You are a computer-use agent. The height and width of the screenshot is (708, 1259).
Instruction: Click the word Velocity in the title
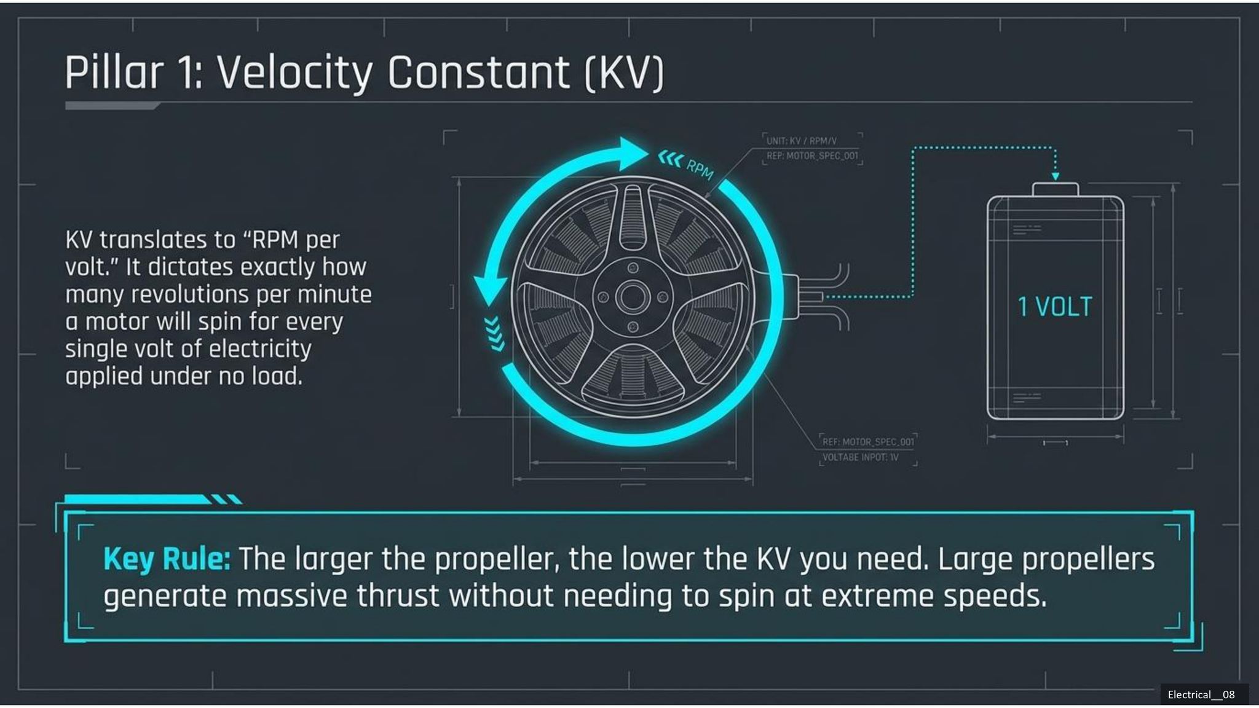click(x=294, y=73)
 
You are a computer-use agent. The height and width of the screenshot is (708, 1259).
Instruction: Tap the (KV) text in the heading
click(x=624, y=73)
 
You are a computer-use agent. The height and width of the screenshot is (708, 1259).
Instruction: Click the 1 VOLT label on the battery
click(x=1055, y=307)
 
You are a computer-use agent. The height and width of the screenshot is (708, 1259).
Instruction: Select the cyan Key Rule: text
click(x=167, y=559)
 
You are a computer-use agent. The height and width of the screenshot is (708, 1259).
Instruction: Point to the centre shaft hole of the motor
click(x=633, y=297)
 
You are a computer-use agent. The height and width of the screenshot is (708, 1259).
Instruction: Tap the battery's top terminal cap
click(x=1055, y=189)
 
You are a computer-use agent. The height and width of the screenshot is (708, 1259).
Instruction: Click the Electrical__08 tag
click(x=1201, y=694)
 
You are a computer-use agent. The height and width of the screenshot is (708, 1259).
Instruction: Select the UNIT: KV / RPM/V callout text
click(x=801, y=141)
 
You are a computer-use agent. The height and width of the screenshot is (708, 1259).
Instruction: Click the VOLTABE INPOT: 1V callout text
click(x=860, y=457)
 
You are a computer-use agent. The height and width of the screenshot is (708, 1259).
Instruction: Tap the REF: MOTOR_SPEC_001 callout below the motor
click(x=868, y=442)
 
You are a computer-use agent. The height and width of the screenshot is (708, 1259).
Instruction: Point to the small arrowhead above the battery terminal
click(x=1055, y=176)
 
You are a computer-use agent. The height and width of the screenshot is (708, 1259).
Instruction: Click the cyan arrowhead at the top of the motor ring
click(x=631, y=154)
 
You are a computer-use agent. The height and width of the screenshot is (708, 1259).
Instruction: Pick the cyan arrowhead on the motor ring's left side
click(x=490, y=290)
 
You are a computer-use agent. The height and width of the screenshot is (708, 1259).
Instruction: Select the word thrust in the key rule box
click(x=398, y=596)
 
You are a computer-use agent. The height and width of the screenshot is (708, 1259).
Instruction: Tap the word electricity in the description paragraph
click(x=260, y=349)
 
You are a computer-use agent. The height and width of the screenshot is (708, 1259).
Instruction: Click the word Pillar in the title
click(x=114, y=73)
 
